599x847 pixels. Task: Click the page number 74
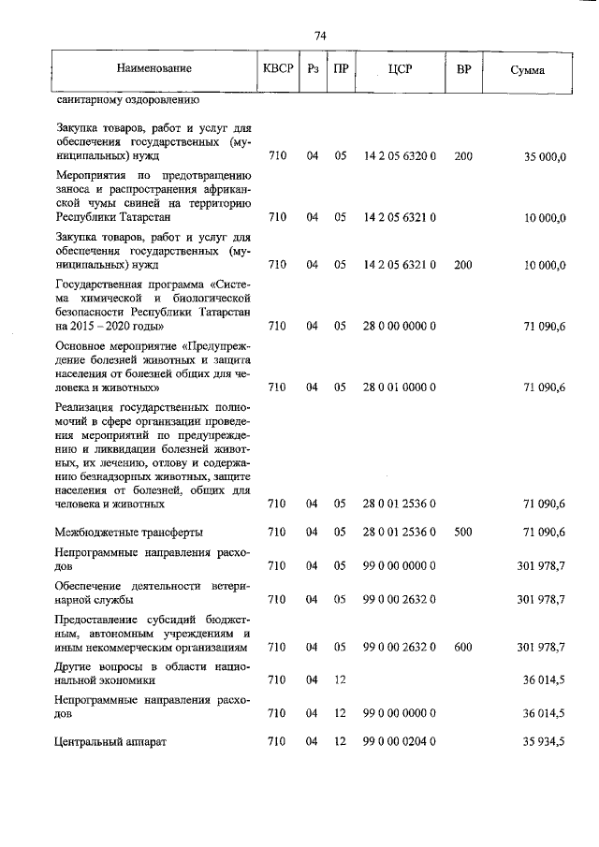point(319,37)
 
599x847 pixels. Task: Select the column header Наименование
point(154,69)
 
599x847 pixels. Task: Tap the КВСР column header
point(277,69)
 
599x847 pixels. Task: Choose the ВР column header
point(462,69)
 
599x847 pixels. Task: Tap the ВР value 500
point(462,533)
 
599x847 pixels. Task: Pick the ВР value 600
point(462,647)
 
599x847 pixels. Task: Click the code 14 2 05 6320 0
point(400,157)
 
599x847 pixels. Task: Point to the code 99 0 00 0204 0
point(400,741)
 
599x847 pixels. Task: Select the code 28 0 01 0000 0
point(400,387)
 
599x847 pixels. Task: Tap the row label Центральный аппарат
point(110,741)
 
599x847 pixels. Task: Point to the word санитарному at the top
point(90,97)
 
